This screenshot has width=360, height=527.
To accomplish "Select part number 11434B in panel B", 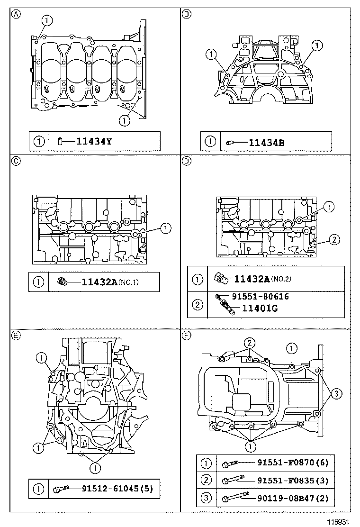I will coord(267,141).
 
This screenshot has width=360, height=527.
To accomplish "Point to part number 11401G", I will coord(259,308).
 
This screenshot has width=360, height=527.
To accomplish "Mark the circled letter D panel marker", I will coord(187,161).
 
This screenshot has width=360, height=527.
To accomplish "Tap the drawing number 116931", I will coord(339,521).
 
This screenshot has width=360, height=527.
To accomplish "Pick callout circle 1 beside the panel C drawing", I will coord(165,228).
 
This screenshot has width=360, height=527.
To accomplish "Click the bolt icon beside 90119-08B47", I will coord(235,498).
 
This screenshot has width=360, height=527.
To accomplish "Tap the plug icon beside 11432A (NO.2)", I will coord(220,278).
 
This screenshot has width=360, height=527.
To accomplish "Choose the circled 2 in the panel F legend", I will coord(206,481).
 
